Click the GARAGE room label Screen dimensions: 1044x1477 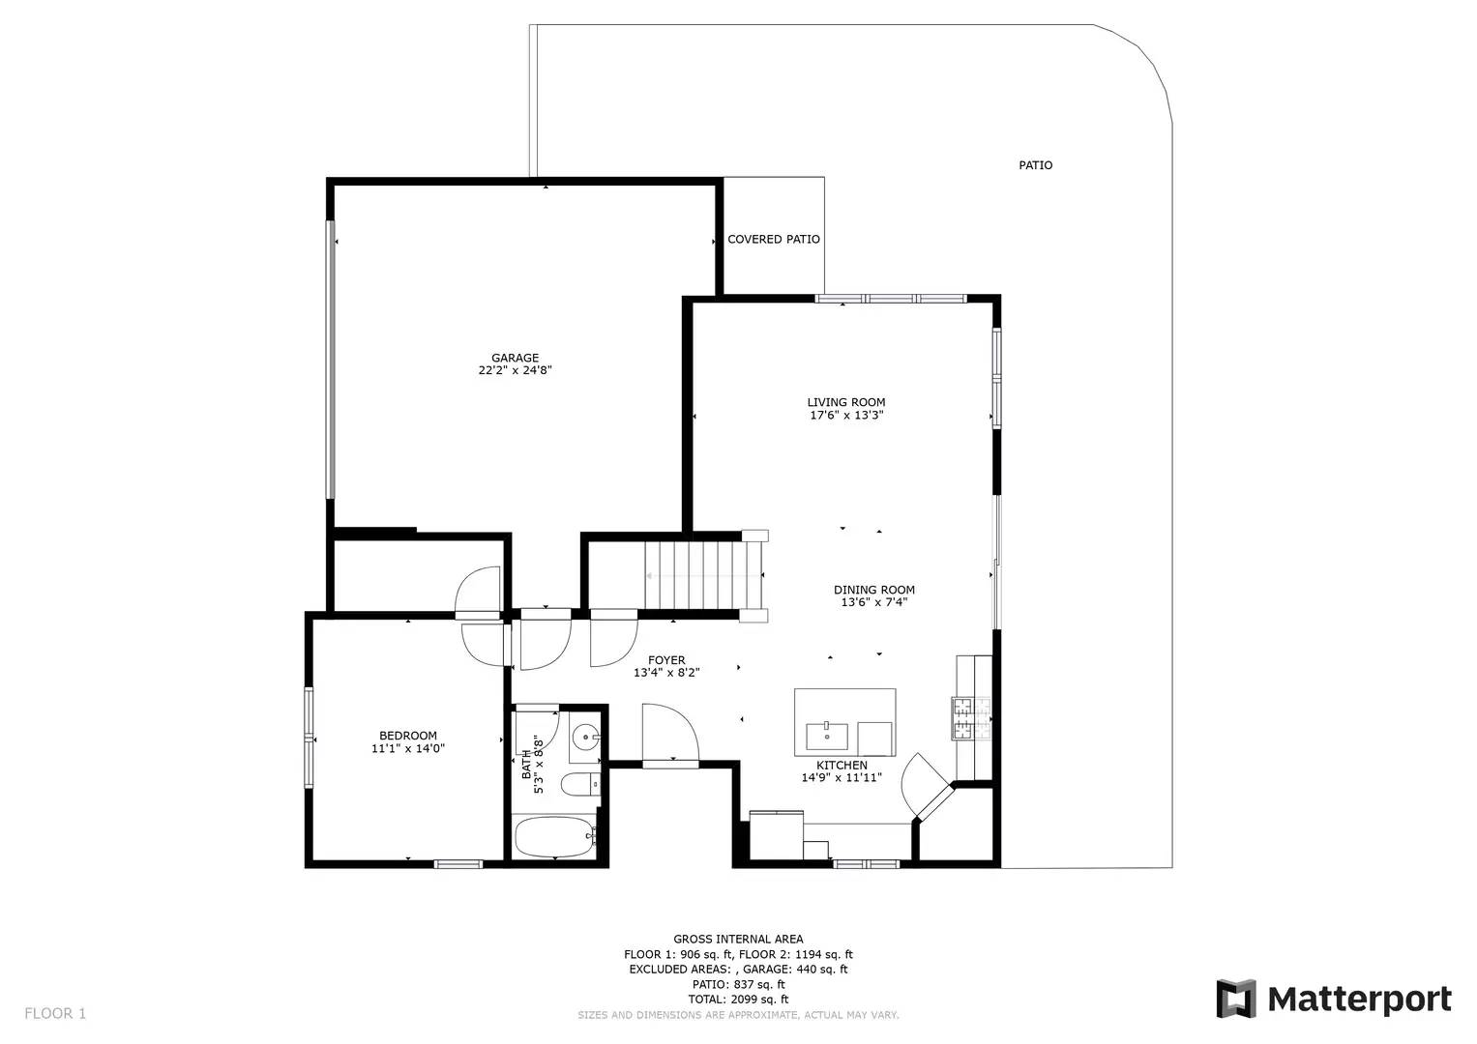515,358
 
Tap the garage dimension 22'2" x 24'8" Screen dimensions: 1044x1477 515,370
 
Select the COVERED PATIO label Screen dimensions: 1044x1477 773,239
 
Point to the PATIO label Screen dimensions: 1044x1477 1035,165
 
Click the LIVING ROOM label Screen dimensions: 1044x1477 846,402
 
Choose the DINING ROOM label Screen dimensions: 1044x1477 873,590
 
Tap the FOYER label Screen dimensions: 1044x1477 666,660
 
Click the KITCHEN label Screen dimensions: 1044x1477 841,765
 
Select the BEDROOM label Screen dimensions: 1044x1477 407,736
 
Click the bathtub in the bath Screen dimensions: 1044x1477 553,836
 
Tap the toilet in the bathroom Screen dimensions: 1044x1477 578,784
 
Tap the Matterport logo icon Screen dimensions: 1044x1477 1235,999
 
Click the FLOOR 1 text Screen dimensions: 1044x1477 55,1013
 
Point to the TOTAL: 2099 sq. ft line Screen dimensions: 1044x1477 738,999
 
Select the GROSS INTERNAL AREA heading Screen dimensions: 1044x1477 738,939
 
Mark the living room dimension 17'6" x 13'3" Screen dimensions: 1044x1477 846,416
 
